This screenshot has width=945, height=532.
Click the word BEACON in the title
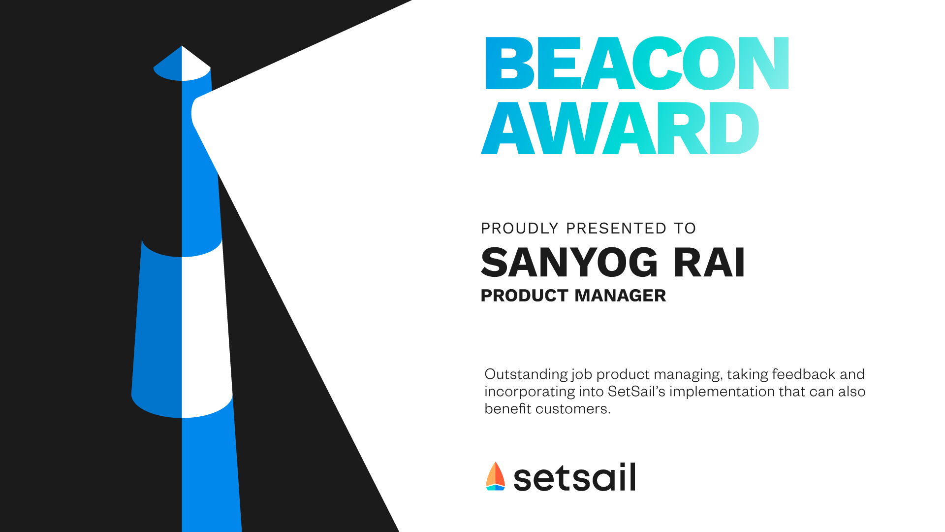637,63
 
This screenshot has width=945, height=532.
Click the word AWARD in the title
620,128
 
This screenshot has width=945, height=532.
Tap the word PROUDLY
520,229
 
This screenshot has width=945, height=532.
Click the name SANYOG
569,262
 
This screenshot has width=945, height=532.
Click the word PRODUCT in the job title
525,296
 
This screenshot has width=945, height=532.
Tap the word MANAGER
620,296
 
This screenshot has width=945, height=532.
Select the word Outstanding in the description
526,375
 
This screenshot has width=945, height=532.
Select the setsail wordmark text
574,477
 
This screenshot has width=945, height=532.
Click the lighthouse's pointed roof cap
182,63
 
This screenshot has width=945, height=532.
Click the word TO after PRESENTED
685,229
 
